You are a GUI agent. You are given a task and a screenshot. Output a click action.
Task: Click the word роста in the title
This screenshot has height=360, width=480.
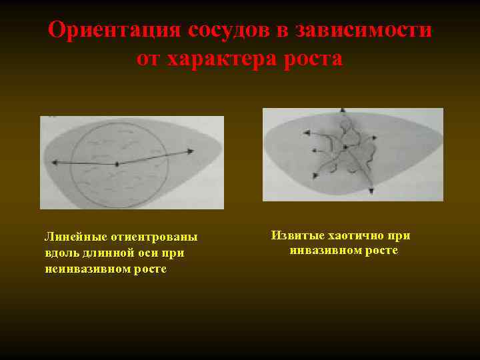(x=311, y=59)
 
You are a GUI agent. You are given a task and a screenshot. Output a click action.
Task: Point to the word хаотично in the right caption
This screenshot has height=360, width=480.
(x=356, y=235)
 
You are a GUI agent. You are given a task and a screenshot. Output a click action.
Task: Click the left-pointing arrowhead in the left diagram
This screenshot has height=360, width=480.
(x=53, y=163)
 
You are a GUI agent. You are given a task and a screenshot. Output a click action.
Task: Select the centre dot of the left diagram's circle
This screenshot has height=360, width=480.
(x=117, y=163)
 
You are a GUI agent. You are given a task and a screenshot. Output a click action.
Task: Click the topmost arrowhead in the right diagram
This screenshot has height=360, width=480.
(x=342, y=111)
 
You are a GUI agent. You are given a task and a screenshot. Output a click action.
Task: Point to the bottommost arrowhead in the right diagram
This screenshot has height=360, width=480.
(x=371, y=192)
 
